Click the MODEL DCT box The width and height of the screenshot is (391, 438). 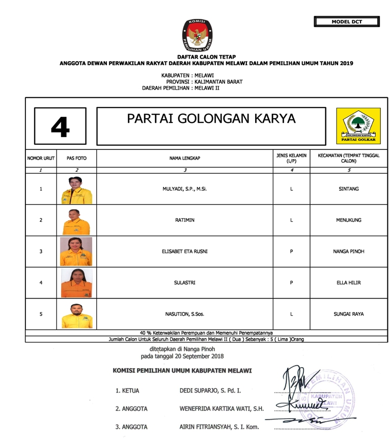(347, 22)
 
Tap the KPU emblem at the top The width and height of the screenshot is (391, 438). (195, 36)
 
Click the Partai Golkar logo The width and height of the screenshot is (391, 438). (358, 125)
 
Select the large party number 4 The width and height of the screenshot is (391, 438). (60, 126)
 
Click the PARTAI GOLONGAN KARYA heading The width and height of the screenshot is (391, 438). (211, 119)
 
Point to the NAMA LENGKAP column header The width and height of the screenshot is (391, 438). (184, 159)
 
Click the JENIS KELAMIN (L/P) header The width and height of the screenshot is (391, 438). (291, 158)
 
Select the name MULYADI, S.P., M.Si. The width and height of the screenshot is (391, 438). (184, 189)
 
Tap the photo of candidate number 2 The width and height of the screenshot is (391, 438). (76, 221)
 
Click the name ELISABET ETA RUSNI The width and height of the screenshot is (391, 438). (184, 251)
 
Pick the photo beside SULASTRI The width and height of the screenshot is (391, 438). (76, 283)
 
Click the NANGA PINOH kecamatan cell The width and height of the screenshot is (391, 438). (349, 251)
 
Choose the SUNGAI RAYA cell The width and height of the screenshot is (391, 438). (349, 314)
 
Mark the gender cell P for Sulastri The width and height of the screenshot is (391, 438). (291, 283)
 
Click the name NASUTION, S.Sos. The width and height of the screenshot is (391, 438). (184, 314)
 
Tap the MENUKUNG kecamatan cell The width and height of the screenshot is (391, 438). (349, 220)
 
